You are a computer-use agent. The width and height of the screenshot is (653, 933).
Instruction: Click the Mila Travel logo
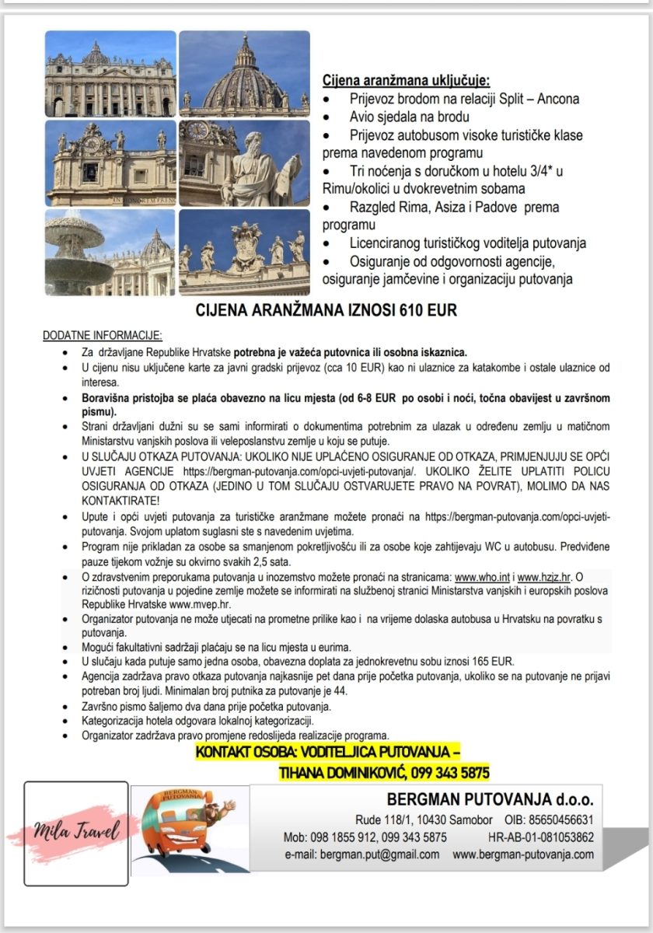75,833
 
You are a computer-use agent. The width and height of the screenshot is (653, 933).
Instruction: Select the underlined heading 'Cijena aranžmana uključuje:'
407,82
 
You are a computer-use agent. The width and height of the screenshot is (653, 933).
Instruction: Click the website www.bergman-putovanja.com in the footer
523,854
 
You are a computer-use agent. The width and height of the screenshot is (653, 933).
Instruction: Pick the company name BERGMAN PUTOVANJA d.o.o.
490,799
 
